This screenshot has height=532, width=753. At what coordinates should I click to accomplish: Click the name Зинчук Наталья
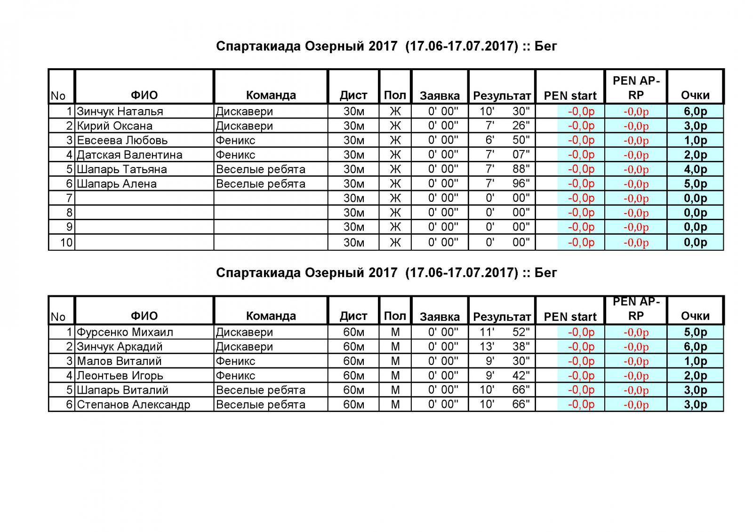coord(120,111)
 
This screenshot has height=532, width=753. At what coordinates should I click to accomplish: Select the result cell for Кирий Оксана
coord(502,126)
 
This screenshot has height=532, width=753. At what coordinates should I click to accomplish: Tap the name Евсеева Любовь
coord(122,140)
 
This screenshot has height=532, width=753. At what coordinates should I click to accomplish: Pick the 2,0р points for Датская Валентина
coord(695,155)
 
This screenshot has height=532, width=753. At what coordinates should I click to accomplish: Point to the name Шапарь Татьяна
coord(122,169)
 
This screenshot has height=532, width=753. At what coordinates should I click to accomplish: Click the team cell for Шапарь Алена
coord(261,184)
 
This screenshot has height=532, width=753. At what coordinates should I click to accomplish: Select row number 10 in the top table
coord(66,242)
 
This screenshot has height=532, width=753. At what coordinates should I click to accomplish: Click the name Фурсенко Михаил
coord(125,332)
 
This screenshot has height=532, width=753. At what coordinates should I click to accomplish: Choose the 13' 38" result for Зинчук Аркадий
coord(502,347)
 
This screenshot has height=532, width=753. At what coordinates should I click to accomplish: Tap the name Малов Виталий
coord(120,361)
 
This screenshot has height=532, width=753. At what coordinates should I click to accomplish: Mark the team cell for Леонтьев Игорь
coord(236,375)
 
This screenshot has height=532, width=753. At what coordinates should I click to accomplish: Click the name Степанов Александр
coord(134,405)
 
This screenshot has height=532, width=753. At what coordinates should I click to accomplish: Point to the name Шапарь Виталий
coord(123,390)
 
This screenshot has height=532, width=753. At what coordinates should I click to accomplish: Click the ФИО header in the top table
coord(144,95)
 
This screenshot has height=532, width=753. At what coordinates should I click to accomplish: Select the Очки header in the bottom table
coord(695,316)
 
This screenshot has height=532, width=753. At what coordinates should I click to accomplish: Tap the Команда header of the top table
coord(271,95)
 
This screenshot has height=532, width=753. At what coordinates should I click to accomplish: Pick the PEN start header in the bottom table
coord(570,317)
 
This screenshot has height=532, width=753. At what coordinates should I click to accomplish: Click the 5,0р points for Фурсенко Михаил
coord(695,332)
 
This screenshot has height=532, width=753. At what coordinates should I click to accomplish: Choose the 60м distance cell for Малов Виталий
coord(353,361)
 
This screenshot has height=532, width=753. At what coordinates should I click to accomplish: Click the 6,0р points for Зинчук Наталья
coord(695,111)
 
